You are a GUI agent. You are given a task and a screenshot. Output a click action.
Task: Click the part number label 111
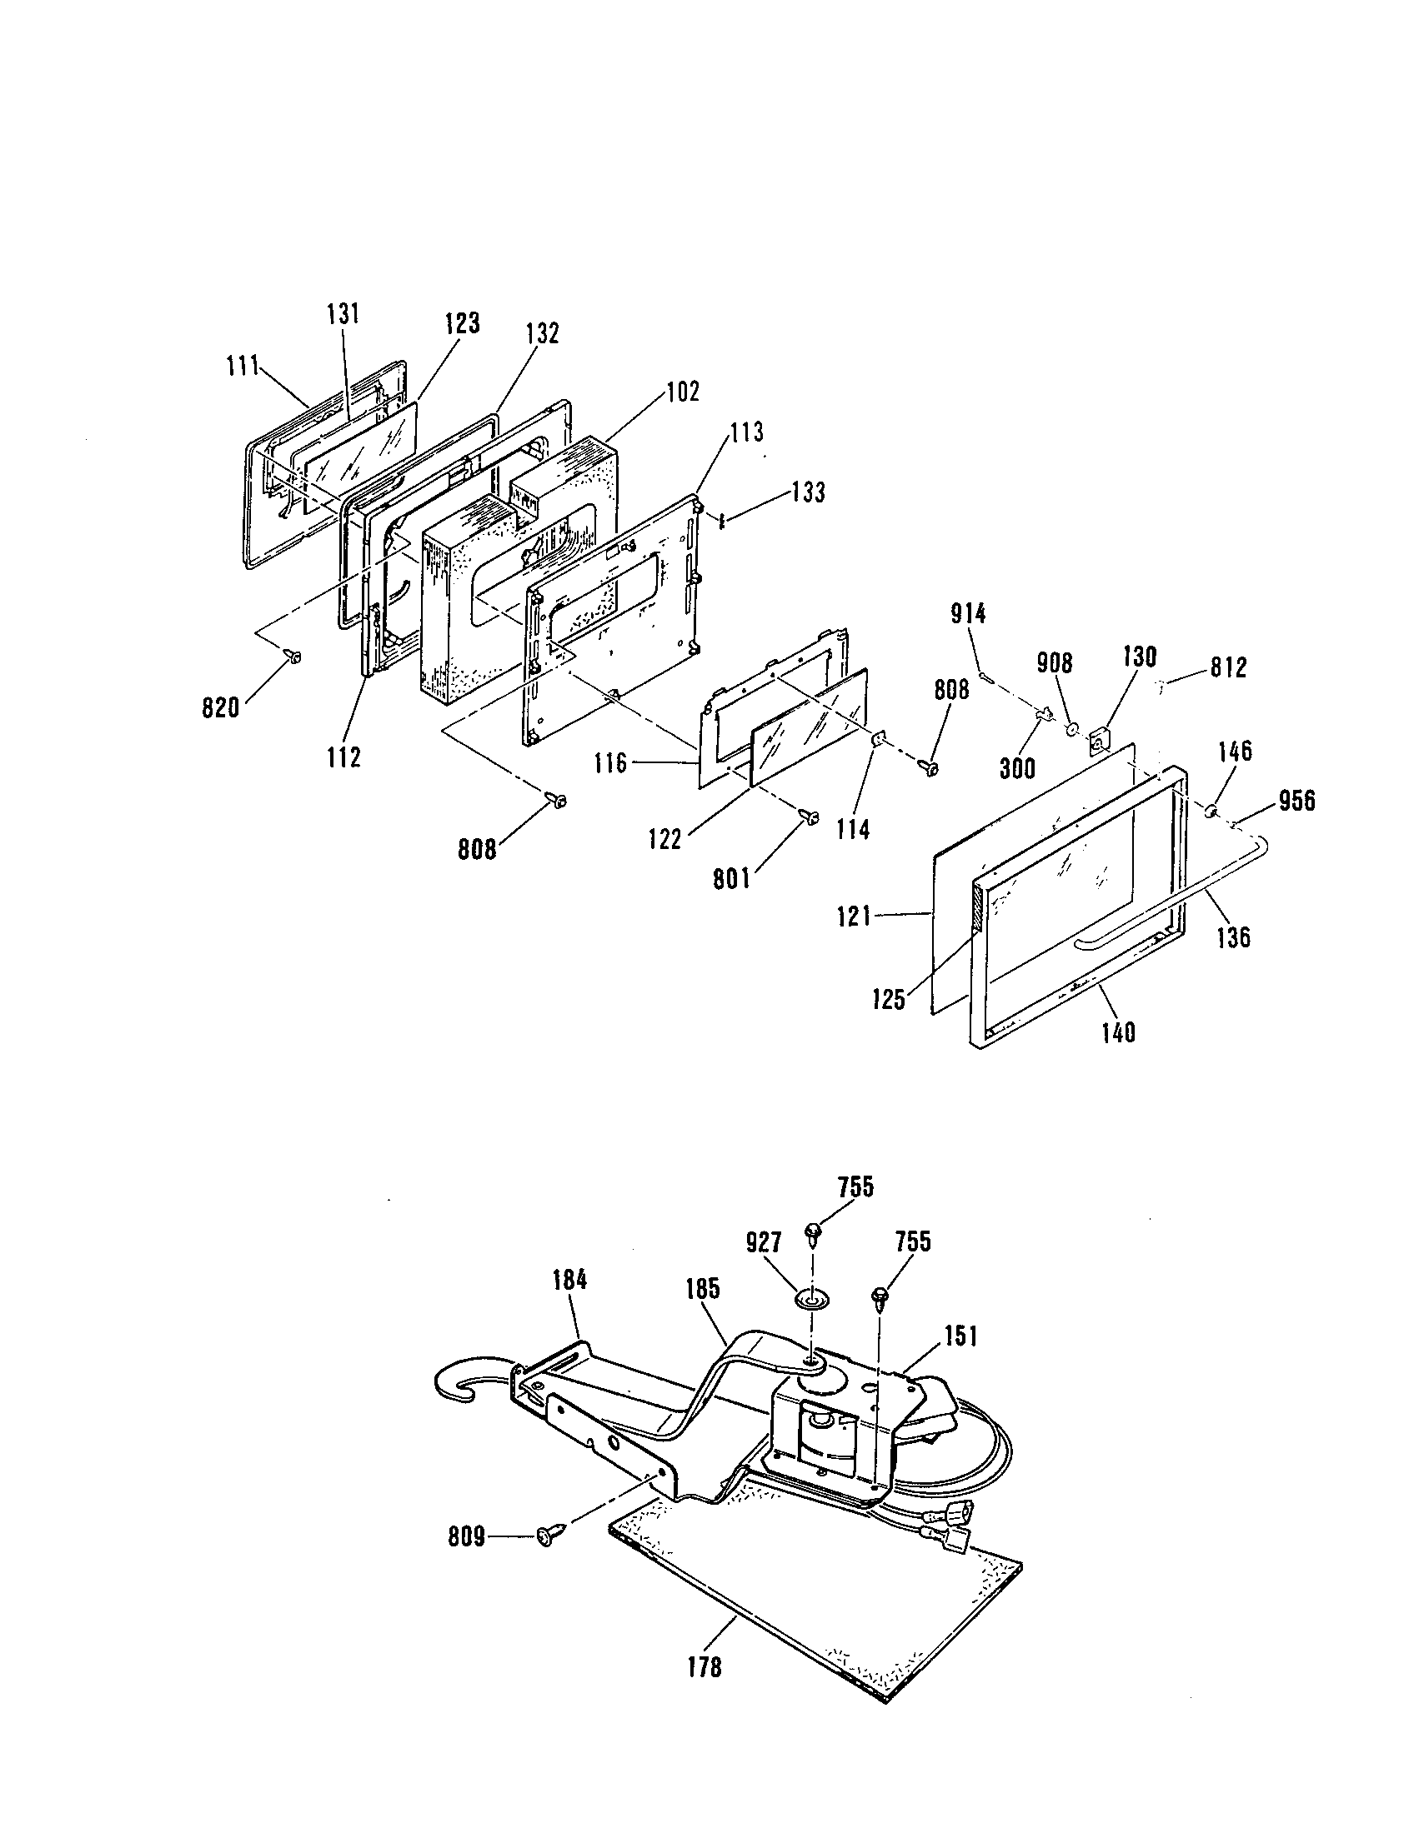243,367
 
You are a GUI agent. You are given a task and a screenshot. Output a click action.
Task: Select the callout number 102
683,392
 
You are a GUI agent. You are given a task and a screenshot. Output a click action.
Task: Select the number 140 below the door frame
1116,1032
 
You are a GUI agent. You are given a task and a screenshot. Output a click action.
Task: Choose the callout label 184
570,1280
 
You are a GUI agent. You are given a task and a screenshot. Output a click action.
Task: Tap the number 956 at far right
1296,802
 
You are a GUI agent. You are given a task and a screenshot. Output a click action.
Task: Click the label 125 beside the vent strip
889,1000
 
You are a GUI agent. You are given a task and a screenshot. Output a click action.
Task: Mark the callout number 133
808,492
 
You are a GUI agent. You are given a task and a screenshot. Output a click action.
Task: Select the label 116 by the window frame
609,763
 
